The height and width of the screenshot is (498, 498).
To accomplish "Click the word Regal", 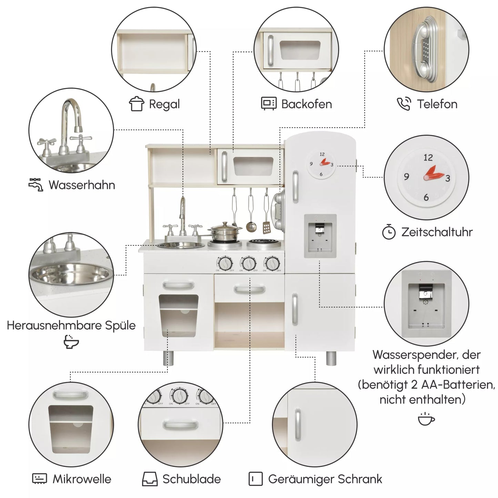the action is point(164,104).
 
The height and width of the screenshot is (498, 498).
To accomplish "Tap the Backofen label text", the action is point(306,104).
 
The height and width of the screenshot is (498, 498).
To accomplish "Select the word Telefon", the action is point(437,104).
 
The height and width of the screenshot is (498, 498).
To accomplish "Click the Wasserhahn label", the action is point(82,185).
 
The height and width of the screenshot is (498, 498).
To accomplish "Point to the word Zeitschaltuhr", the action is point(437,232).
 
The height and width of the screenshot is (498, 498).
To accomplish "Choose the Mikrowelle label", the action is point(82,479).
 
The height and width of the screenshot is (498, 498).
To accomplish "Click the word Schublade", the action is point(192,479).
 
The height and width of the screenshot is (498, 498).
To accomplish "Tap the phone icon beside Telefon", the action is point(404,104).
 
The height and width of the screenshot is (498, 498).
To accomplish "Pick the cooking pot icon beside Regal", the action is point(136,104).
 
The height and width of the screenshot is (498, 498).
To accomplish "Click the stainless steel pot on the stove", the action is point(224,232).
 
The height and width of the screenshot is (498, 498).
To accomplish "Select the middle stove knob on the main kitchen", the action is point(248,263).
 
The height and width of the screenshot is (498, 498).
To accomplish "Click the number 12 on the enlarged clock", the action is point(428,157).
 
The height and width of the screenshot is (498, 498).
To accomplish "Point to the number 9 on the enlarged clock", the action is point(407,177).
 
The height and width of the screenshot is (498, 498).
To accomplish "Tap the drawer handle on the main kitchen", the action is point(250,289).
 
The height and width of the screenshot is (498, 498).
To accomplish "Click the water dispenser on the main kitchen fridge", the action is point(320,236).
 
